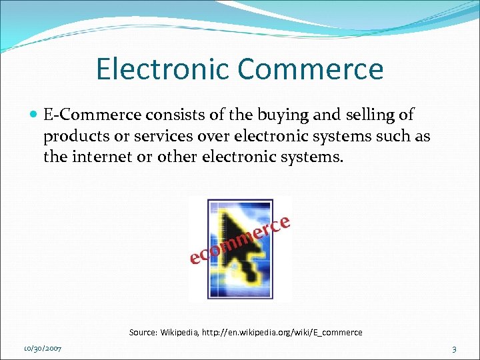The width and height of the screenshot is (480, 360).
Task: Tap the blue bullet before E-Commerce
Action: [x=33, y=115]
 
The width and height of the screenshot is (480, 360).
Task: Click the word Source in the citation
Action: [x=142, y=332]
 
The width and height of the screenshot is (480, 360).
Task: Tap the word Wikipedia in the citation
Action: [x=180, y=332]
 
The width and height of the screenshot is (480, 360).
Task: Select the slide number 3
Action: [x=454, y=349]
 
